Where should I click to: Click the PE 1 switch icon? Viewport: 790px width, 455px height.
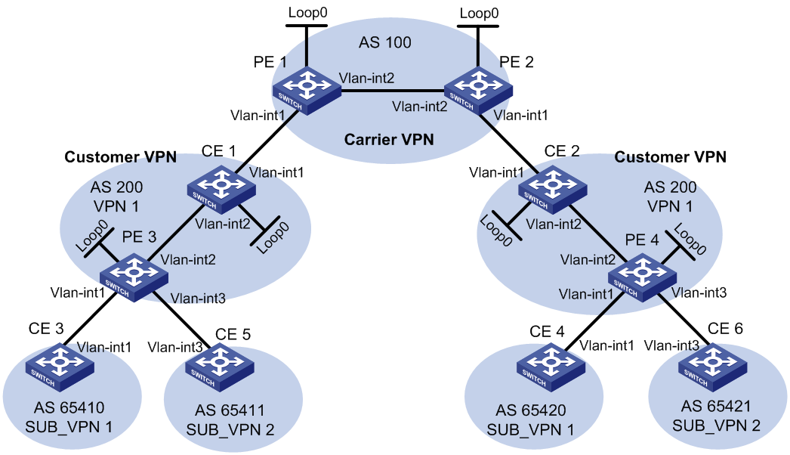pos(307,91)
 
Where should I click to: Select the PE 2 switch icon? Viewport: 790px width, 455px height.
pos(478,91)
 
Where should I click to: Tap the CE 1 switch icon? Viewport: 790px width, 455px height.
pos(221,189)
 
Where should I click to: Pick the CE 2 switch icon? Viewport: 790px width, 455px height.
pos(553,189)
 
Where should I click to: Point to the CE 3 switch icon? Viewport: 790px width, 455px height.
pos(60,367)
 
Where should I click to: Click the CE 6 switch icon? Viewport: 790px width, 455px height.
pos(712,367)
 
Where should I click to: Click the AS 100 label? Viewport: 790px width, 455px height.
pos(385,42)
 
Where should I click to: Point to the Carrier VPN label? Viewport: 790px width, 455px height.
pos(389,139)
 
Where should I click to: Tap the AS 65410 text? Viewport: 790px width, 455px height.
pos(69,407)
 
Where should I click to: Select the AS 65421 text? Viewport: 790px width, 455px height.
pos(716,406)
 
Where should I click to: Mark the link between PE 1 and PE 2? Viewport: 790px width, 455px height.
pos(393,91)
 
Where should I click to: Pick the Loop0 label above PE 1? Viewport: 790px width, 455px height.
pos(308,13)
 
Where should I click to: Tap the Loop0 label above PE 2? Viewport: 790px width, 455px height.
pos(479,13)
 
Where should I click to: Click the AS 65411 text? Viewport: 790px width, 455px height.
pos(230,410)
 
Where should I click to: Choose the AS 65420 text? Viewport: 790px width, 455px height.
pos(530,410)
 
